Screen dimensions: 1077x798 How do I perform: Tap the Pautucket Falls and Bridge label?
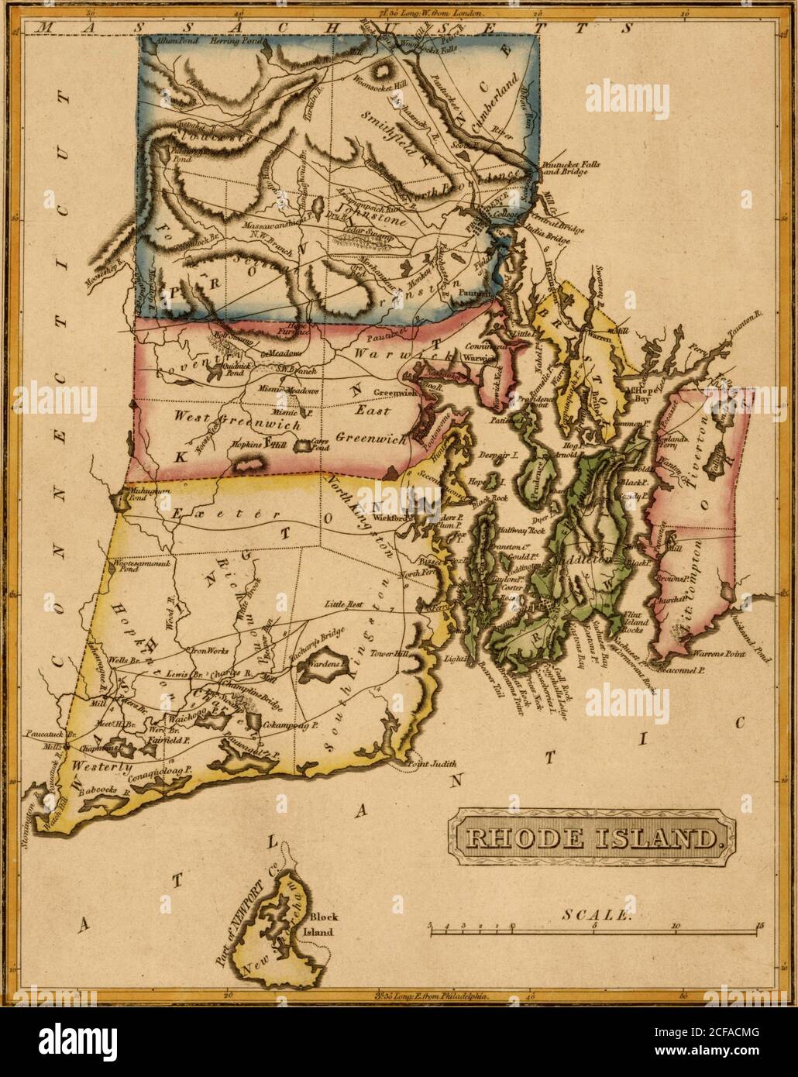pos(563,167)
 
